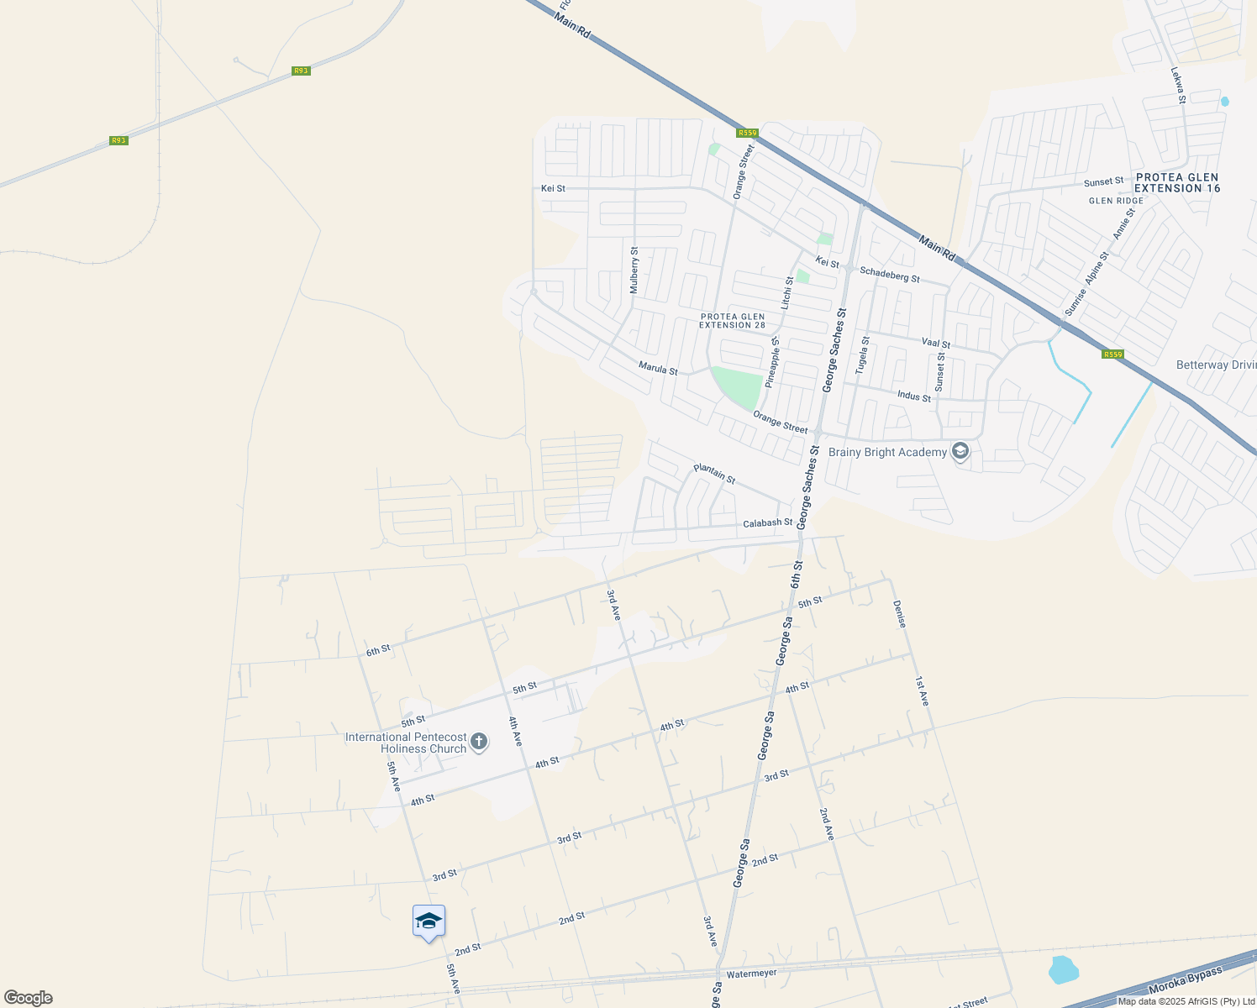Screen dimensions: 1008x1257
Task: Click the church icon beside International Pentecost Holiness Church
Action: click(479, 742)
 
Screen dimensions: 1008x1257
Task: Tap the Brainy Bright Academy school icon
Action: click(960, 452)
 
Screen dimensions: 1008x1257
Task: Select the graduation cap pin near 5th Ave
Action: click(429, 922)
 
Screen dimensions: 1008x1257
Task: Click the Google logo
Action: click(28, 998)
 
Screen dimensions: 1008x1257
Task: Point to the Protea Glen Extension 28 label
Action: click(733, 321)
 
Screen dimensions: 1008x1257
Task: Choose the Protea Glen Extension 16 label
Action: click(1176, 183)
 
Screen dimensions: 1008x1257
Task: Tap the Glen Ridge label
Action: click(1116, 201)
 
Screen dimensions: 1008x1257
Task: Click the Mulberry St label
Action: click(634, 270)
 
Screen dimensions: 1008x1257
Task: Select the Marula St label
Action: click(658, 368)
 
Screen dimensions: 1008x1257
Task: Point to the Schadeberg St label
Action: click(890, 274)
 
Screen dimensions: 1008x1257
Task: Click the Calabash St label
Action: click(767, 523)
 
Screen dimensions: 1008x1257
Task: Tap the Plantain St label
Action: click(714, 474)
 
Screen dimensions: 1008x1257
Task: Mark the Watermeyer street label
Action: click(751, 974)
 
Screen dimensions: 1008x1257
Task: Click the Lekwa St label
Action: click(1178, 86)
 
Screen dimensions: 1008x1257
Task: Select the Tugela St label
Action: click(863, 355)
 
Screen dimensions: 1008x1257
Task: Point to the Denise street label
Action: click(899, 614)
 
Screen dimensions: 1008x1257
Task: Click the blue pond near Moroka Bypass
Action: click(1063, 969)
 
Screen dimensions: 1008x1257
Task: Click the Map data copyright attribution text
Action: click(1186, 1001)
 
